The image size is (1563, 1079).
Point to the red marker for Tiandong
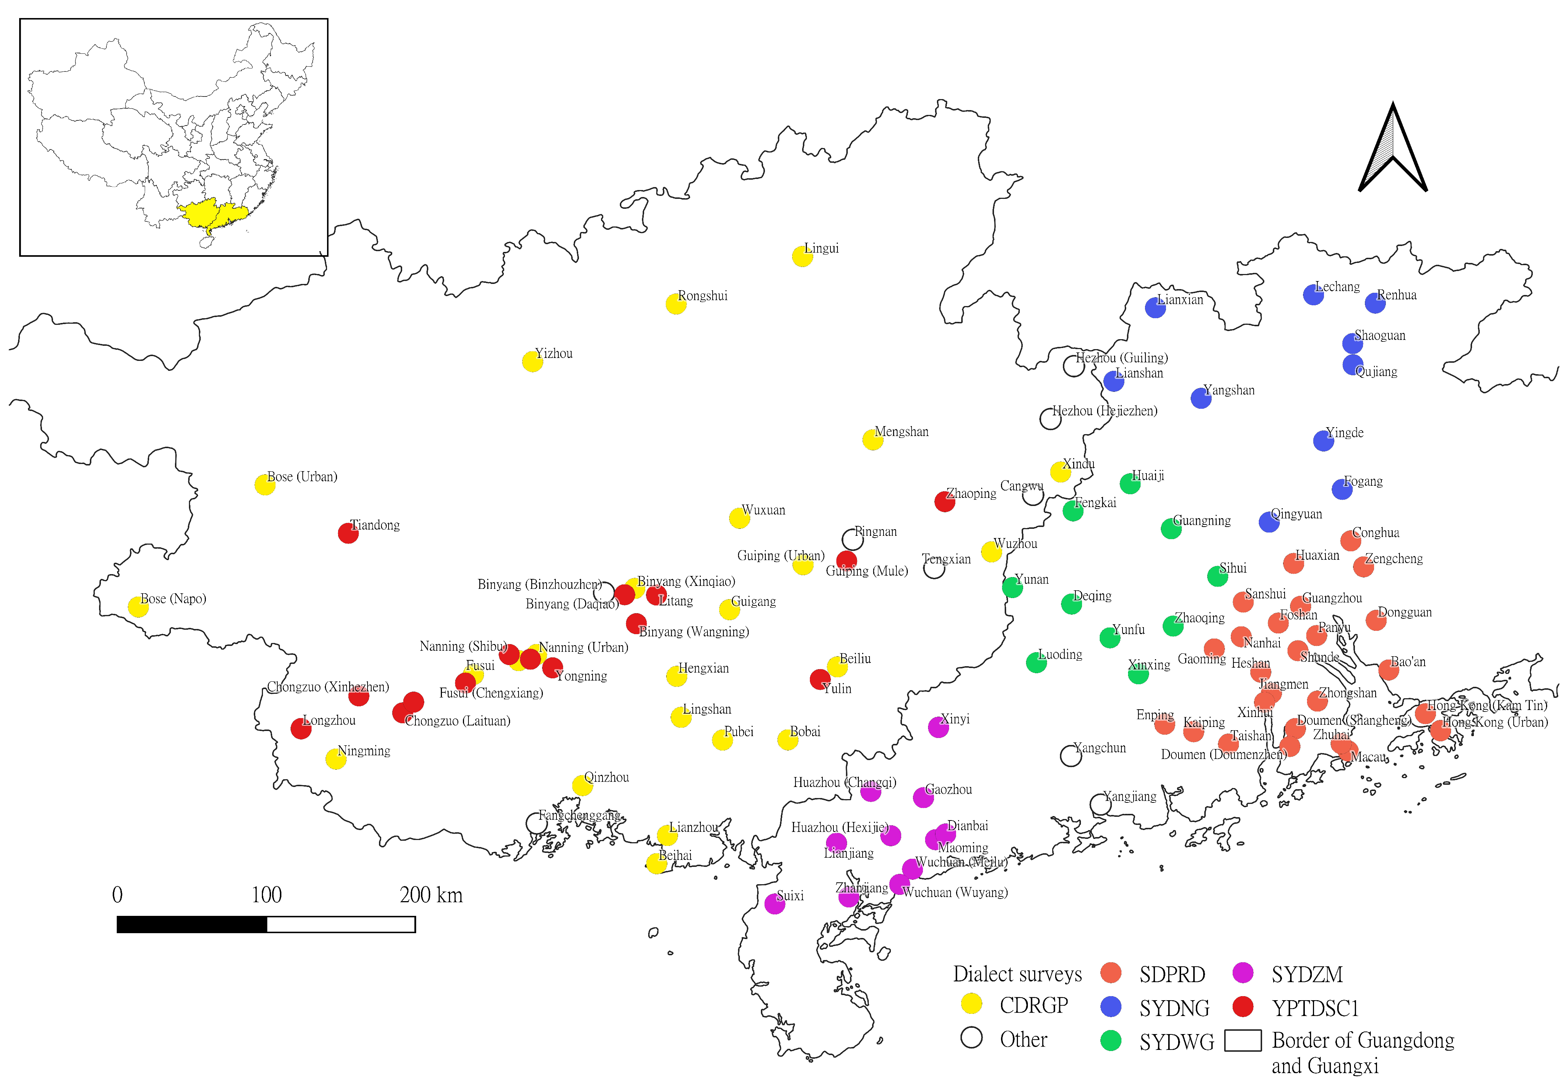pyautogui.click(x=348, y=533)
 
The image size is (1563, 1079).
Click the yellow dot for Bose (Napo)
pyautogui.click(x=138, y=607)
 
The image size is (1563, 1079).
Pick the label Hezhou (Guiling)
pyautogui.click(x=1121, y=358)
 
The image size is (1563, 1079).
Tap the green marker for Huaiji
pyautogui.click(x=1130, y=484)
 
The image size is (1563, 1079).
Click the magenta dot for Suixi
pyautogui.click(x=775, y=904)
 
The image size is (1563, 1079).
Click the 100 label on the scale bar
pyautogui.click(x=266, y=896)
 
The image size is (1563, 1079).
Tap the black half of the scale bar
pyautogui.click(x=192, y=924)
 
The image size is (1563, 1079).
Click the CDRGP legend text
pyautogui.click(x=1034, y=1005)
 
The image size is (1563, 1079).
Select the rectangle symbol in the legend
pyautogui.click(x=1243, y=1040)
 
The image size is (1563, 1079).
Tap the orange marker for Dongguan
pyautogui.click(x=1376, y=621)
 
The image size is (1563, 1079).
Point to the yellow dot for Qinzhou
pyautogui.click(x=582, y=785)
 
